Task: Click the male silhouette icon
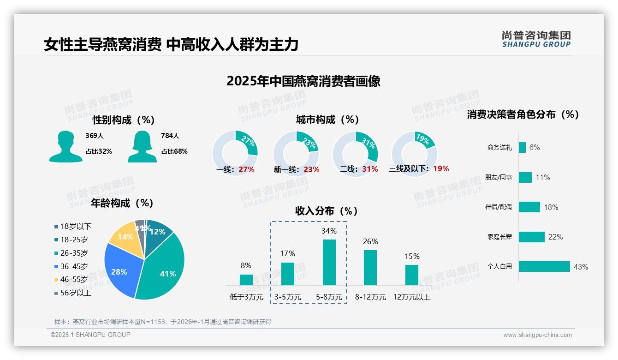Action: coord(65,147)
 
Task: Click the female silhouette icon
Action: coord(142,147)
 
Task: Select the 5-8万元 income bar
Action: coord(329,262)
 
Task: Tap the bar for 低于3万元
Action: coord(246,280)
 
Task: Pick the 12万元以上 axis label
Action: coord(411,297)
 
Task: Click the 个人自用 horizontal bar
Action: coord(544,266)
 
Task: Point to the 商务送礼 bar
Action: coord(522,147)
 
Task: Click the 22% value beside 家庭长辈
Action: coord(555,237)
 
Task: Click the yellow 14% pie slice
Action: coord(125,237)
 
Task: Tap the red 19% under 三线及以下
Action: coord(441,168)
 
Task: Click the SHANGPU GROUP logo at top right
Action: coord(536,39)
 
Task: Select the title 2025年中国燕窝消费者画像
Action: coord(303,81)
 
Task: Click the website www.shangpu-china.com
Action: coord(537,335)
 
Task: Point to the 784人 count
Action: coord(170,136)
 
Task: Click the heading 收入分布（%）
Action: coord(327,211)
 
